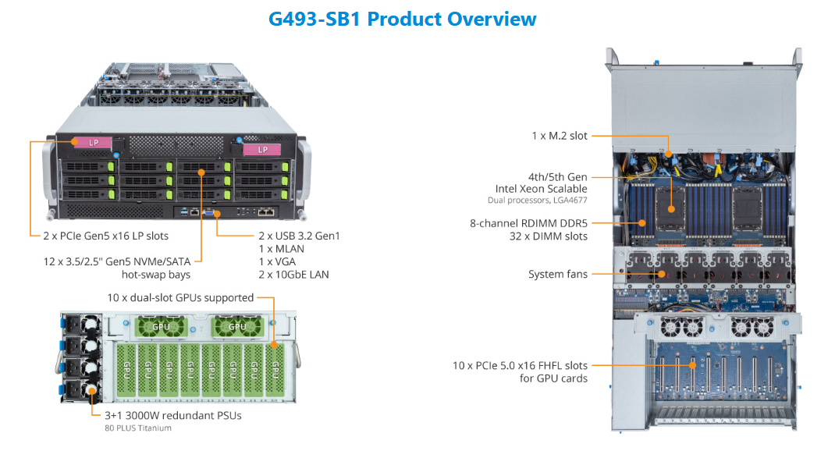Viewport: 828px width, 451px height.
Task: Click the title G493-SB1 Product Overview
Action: [x=403, y=19]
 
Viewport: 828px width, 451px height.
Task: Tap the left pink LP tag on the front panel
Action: [x=93, y=143]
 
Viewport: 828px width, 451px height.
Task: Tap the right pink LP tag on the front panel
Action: [x=262, y=150]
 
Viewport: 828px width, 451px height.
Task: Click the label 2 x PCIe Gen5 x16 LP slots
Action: [x=105, y=236]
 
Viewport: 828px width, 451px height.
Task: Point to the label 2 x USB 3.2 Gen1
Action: [x=299, y=236]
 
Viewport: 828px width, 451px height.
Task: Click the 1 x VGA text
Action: [x=277, y=262]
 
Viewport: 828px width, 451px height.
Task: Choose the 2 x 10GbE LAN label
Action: [x=293, y=275]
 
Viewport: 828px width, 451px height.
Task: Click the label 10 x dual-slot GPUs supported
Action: [x=180, y=298]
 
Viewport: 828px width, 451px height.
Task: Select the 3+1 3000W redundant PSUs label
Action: [x=173, y=416]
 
